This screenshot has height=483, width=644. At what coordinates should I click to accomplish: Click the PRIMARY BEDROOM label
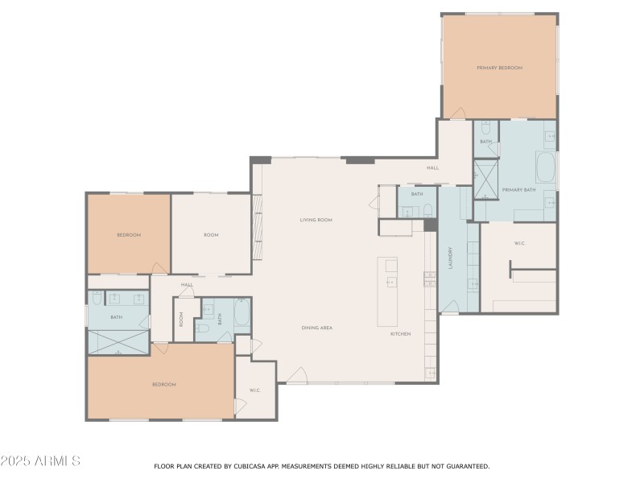pyautogui.click(x=499, y=68)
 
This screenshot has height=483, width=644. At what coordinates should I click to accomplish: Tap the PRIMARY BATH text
pyautogui.click(x=518, y=191)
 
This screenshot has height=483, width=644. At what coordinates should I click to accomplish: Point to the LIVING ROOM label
pyautogui.click(x=316, y=220)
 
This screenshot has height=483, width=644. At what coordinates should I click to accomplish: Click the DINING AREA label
pyautogui.click(x=317, y=328)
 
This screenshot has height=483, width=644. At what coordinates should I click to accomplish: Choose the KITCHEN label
pyautogui.click(x=401, y=333)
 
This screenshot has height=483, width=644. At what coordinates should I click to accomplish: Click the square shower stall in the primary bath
pyautogui.click(x=485, y=180)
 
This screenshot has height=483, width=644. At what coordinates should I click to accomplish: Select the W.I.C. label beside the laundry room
pyautogui.click(x=519, y=243)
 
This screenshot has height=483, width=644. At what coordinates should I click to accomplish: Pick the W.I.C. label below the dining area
pyautogui.click(x=254, y=390)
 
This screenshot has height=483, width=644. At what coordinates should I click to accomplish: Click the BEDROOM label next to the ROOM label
pyautogui.click(x=129, y=235)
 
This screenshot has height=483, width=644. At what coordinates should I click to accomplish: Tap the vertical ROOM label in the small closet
pyautogui.click(x=182, y=320)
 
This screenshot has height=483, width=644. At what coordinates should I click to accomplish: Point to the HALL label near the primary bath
pyautogui.click(x=432, y=168)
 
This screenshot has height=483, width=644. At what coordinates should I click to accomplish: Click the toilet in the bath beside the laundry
pyautogui.click(x=428, y=211)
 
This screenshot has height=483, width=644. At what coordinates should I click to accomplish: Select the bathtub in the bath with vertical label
pyautogui.click(x=242, y=313)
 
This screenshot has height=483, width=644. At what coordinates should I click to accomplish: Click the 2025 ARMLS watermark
pyautogui.click(x=40, y=461)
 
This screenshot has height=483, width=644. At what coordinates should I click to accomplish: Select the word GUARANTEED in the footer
pyautogui.click(x=464, y=466)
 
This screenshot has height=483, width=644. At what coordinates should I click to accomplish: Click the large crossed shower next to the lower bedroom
pyautogui.click(x=118, y=341)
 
